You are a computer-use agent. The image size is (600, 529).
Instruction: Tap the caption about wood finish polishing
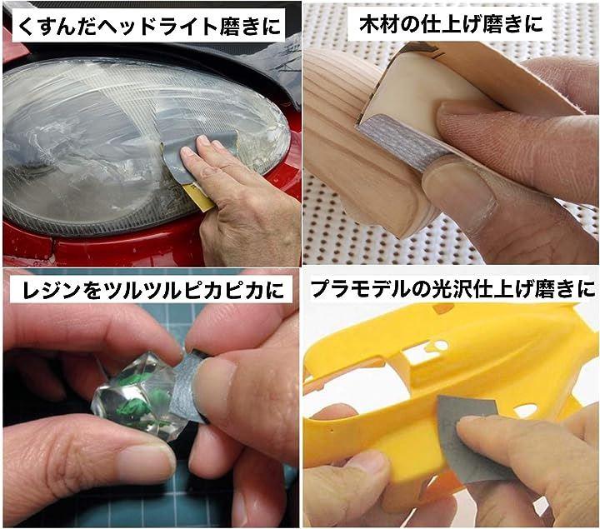coord(451,24)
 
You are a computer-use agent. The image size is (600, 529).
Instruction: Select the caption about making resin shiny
coord(153,290)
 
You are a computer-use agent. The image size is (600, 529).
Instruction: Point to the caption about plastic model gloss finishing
coord(452,289)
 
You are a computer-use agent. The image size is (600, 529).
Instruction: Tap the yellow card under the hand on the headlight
coord(199,197)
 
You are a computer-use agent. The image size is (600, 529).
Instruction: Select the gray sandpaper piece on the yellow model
coord(471,440)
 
